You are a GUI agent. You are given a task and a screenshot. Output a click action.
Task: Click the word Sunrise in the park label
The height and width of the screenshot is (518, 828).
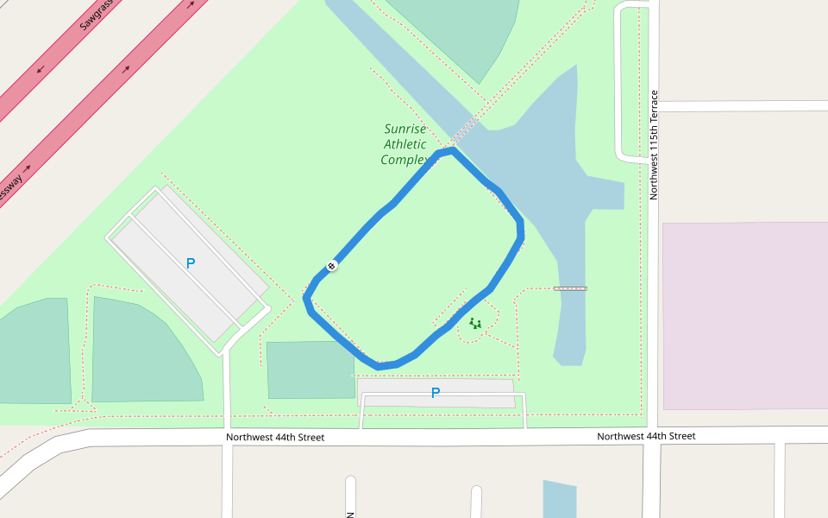point(405,129)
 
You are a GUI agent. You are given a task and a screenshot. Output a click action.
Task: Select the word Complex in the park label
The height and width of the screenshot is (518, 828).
point(404,161)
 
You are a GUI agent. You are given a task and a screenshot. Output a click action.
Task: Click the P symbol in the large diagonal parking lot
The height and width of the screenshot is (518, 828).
point(191,263)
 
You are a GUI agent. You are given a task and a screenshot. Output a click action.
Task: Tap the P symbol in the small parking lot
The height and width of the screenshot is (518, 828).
point(436,393)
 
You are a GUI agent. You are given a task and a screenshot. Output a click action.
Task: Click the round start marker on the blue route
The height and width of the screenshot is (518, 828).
point(332,266)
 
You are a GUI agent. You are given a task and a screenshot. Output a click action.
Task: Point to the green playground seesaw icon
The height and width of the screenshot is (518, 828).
point(475,324)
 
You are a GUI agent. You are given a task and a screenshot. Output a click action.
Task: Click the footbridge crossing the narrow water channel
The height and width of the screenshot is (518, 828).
point(570,288)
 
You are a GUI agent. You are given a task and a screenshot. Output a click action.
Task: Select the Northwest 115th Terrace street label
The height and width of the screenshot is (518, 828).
point(654,144)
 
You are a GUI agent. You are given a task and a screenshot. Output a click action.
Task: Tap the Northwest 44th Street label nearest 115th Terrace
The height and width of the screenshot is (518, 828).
point(646,436)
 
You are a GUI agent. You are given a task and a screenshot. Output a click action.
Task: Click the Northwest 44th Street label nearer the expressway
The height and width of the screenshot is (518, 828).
point(275,437)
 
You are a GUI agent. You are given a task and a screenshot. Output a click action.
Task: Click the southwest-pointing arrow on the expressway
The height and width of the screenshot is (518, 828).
point(41,69)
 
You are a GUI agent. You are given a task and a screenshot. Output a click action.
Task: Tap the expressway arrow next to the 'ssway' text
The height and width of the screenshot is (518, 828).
point(28,167)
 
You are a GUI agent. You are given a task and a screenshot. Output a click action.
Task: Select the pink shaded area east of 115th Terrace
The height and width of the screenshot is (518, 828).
point(745,315)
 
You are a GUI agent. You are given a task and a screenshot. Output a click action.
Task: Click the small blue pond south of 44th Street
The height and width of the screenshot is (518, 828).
point(559,499)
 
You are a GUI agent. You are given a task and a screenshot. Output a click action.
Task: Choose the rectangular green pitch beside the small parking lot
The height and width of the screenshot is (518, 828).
point(310,370)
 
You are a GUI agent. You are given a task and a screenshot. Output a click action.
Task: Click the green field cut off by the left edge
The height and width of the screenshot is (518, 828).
point(34,350)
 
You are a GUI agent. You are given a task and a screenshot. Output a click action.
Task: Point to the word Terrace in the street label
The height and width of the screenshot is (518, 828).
point(654,107)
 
